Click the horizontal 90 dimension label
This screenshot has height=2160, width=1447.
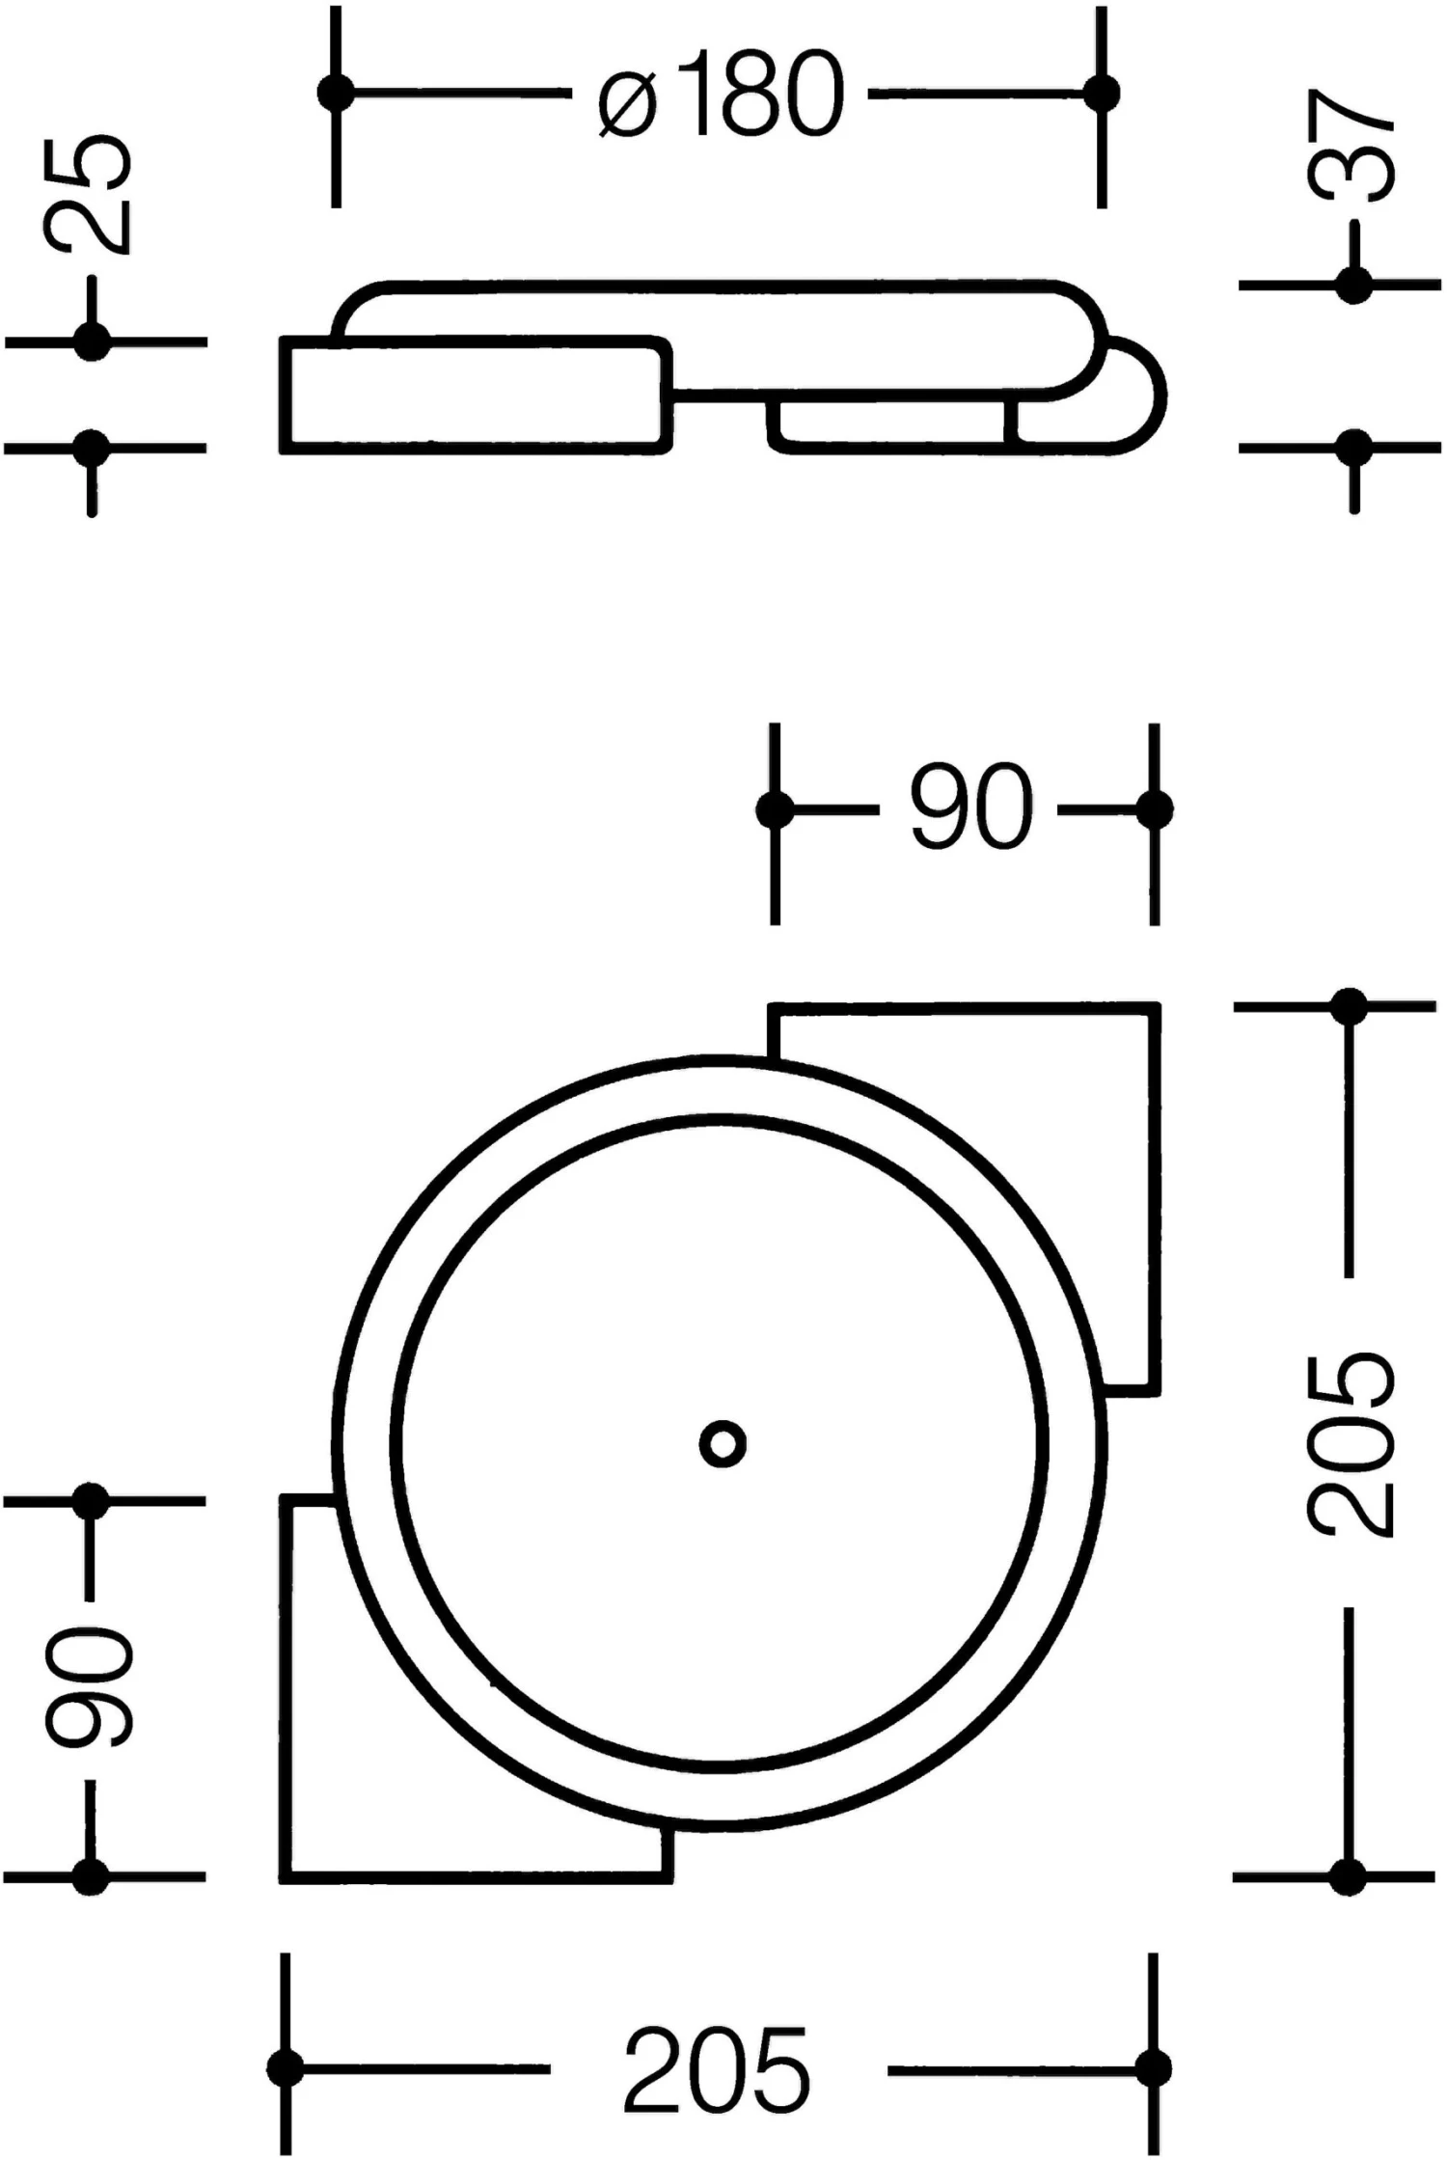click(970, 807)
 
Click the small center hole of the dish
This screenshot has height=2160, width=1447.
click(723, 1444)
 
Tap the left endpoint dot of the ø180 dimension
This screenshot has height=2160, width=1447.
click(336, 93)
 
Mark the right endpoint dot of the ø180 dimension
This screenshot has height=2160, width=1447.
click(1101, 93)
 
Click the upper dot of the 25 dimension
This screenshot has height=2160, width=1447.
click(92, 341)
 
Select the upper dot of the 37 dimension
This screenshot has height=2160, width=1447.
click(1353, 285)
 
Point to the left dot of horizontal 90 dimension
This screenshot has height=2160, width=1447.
click(775, 809)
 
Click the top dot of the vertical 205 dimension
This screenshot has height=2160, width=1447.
click(1349, 1006)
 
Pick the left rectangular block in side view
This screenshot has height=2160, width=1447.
click(473, 395)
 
